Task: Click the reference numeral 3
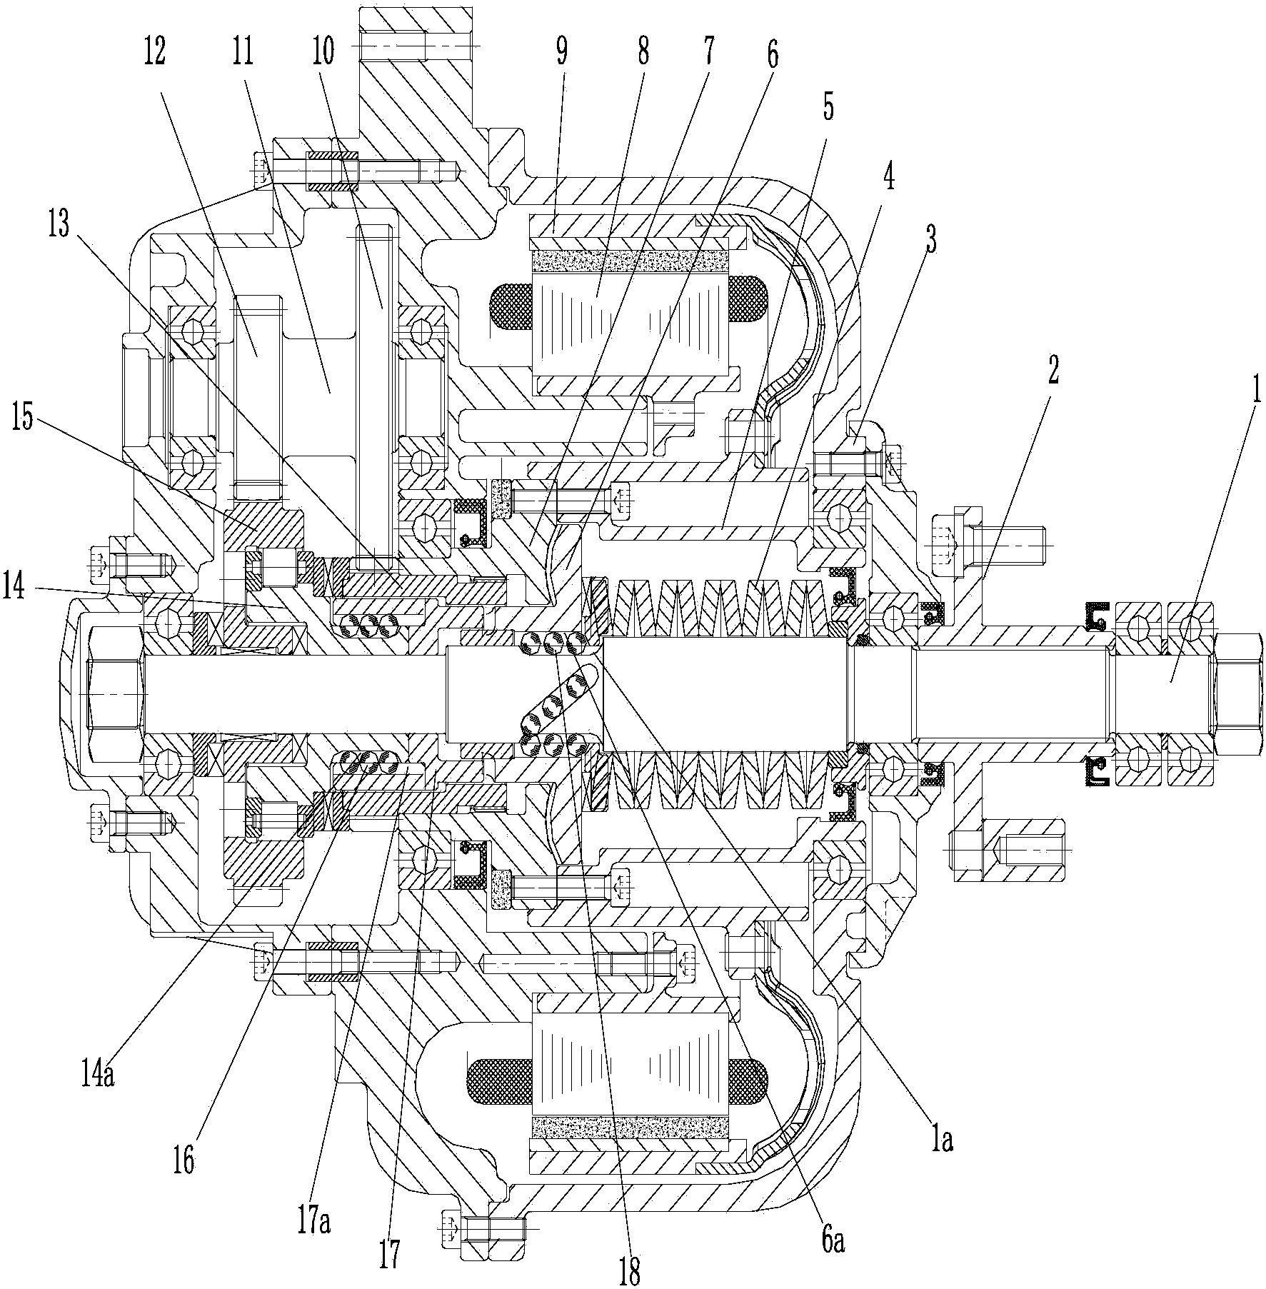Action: pyautogui.click(x=930, y=239)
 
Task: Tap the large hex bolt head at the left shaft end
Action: pyautogui.click(x=114, y=693)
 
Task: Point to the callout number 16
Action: pyautogui.click(x=184, y=1161)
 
